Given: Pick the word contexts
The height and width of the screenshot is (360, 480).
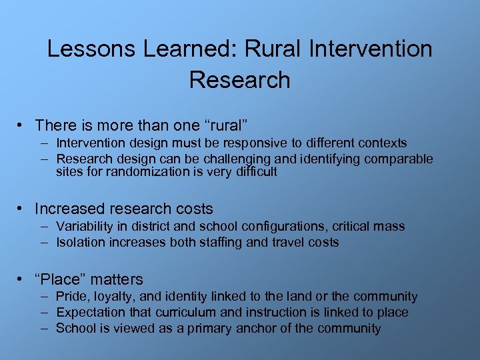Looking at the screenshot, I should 382,143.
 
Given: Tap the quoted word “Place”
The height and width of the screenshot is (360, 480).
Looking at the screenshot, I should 61,279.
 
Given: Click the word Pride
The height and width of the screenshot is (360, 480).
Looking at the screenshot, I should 71,297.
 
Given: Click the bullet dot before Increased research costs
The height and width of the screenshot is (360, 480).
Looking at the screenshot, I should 22,209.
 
